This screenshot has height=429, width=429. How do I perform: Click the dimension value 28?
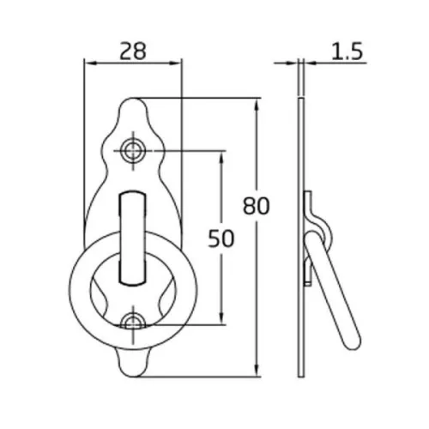pos(133,51)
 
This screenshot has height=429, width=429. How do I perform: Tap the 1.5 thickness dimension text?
pos(347,51)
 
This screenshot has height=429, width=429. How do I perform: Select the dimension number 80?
pos(256,206)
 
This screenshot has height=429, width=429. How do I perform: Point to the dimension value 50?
pos(221,239)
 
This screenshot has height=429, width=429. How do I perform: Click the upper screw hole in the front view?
pos(133,150)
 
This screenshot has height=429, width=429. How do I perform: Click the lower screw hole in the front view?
pos(133,324)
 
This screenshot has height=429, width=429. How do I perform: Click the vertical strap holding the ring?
pos(133,239)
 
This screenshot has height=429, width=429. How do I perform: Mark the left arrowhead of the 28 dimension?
pos(89,63)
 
